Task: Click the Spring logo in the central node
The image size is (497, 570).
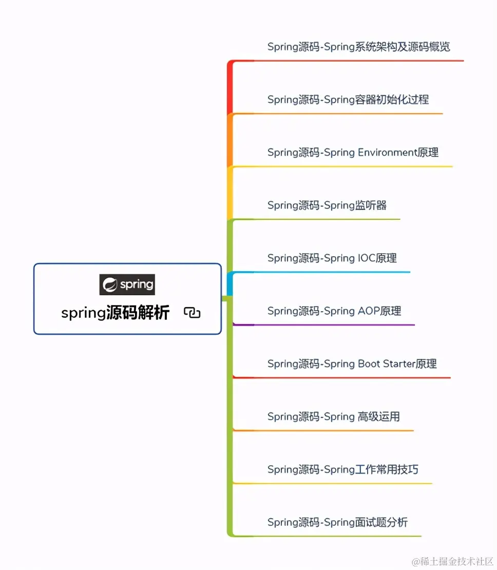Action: tap(127, 284)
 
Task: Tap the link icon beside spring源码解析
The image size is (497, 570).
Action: tap(192, 313)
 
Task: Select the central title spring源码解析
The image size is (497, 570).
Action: tap(115, 313)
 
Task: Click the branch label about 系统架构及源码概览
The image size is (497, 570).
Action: tap(358, 47)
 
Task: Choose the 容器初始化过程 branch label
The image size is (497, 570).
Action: tap(348, 100)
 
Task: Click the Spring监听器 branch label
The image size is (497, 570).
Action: tap(327, 205)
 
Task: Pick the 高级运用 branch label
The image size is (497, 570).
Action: tap(333, 417)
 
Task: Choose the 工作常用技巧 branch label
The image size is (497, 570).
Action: tap(342, 470)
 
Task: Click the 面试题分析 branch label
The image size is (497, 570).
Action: tap(337, 523)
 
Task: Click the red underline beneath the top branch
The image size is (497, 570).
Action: tap(359, 61)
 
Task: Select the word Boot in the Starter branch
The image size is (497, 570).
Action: tap(370, 364)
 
